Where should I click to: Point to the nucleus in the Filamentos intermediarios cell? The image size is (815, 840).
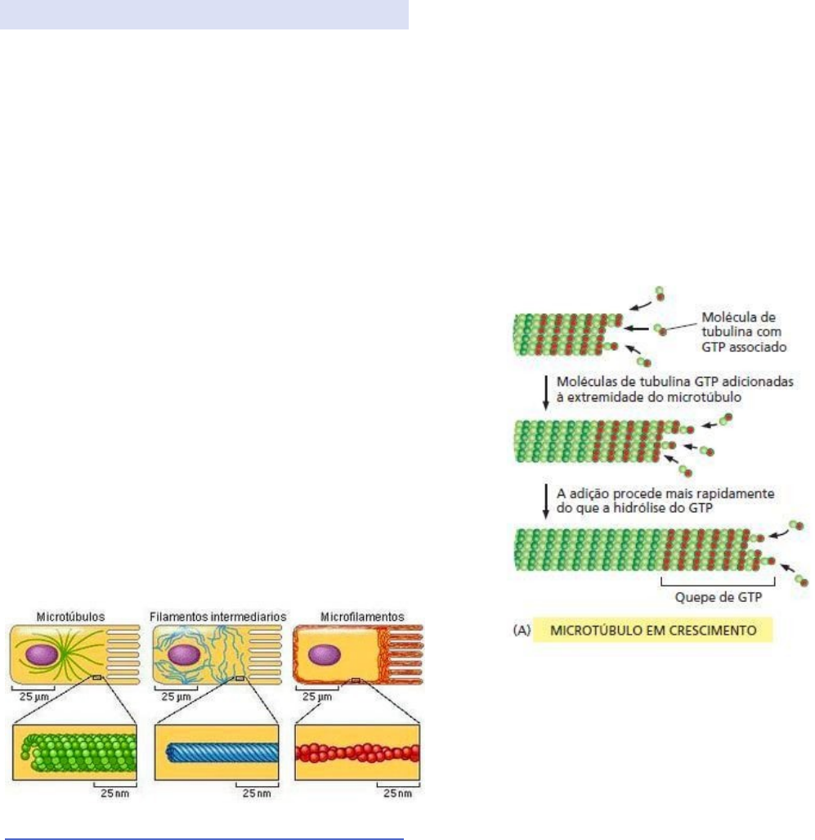tap(184, 655)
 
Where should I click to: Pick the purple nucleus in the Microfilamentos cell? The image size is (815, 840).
tap(325, 655)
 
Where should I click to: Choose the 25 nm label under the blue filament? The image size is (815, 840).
tap(256, 792)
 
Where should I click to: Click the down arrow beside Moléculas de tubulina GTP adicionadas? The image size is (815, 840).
tap(545, 394)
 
